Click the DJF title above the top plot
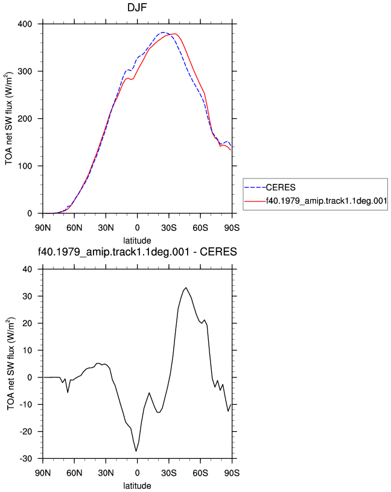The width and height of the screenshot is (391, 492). click(137, 7)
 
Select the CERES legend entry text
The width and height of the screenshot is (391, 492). click(281, 188)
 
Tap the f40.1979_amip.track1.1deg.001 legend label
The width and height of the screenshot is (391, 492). click(326, 201)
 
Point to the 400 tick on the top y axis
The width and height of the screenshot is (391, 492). click(25, 24)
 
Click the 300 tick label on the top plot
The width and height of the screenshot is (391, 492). click(25, 71)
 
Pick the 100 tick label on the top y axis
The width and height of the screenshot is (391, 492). click(25, 166)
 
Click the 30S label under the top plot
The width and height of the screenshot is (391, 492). click(169, 228)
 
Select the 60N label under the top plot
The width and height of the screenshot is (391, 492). click(74, 228)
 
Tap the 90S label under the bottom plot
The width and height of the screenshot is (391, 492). click(232, 473)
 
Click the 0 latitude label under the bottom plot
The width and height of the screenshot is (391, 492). click(137, 473)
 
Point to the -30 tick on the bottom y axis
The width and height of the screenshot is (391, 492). click(26, 458)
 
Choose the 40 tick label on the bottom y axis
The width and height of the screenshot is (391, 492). click(27, 269)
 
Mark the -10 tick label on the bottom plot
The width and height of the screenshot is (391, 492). click(26, 405)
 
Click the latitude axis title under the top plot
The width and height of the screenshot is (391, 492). click(137, 241)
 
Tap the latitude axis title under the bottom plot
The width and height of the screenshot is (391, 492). click(137, 486)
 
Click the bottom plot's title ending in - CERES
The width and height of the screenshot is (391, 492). click(137, 251)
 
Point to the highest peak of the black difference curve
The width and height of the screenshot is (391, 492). click(186, 288)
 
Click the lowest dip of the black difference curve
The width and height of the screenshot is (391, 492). click(136, 451)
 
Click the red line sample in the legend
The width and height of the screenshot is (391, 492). click(255, 201)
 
